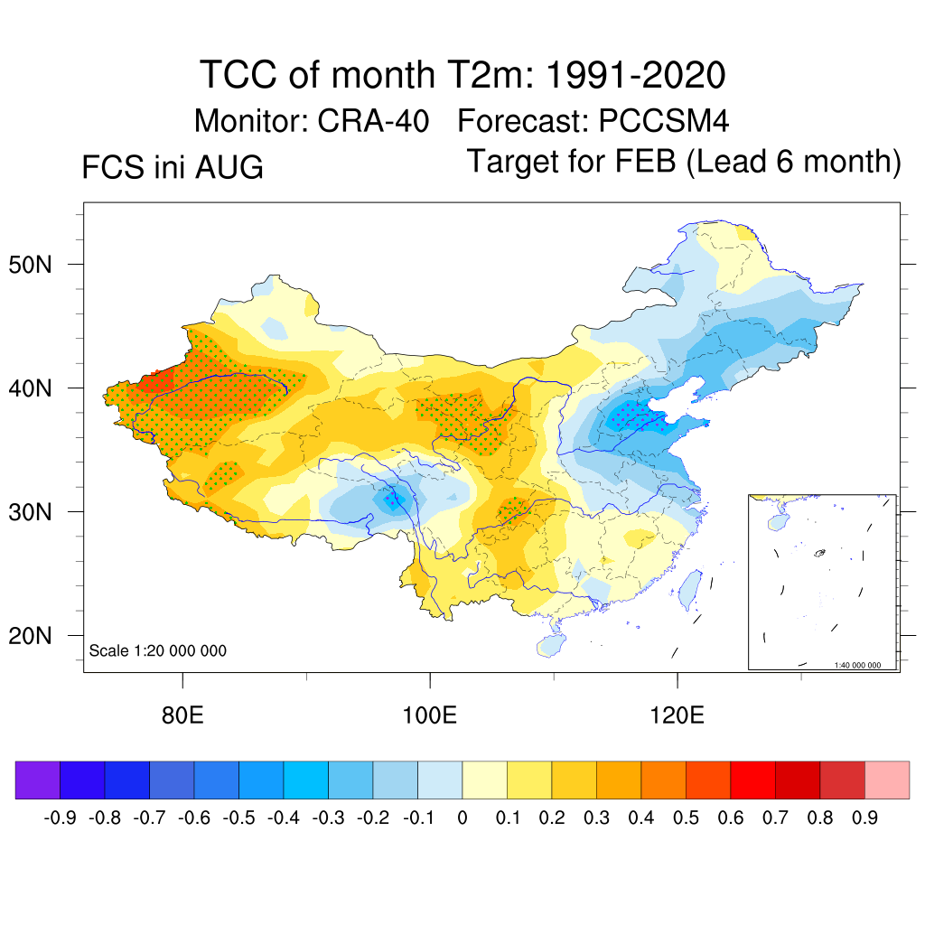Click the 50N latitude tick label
click(x=30, y=265)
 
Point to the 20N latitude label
click(x=30, y=636)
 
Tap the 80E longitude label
click(x=182, y=715)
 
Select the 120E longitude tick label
click(x=677, y=715)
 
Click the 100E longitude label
click(x=429, y=715)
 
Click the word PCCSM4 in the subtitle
click(x=664, y=121)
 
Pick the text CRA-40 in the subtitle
click(x=373, y=121)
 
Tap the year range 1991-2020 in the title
click(x=635, y=75)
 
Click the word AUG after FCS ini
click(x=229, y=167)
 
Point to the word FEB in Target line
click(x=645, y=161)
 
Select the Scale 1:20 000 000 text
click(x=157, y=650)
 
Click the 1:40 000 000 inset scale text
click(x=857, y=665)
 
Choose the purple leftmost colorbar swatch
click(x=38, y=780)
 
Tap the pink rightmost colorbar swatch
click(x=887, y=780)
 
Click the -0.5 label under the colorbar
click(x=238, y=818)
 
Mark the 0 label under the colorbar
click(x=462, y=818)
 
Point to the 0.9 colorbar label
click(x=864, y=818)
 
